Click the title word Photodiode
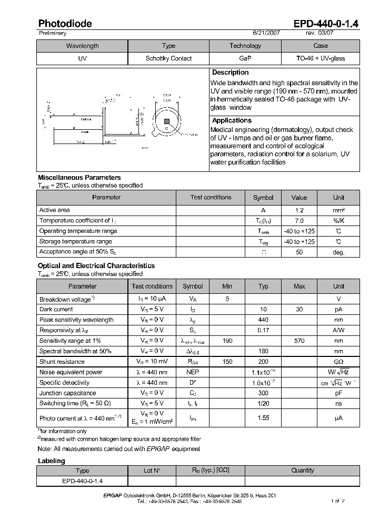[x=65, y=24]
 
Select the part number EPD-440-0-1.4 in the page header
[x=325, y=24]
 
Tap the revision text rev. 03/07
[x=320, y=33]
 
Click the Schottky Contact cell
[x=168, y=58]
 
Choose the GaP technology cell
[x=245, y=58]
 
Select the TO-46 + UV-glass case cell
[x=321, y=58]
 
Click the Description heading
[x=230, y=73]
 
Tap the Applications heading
[x=232, y=121]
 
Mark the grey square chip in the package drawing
[x=166, y=121]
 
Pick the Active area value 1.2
[x=299, y=210]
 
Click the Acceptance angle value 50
[x=299, y=252]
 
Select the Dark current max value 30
[x=299, y=310]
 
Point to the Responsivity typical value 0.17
[x=263, y=330]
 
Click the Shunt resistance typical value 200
[x=263, y=362]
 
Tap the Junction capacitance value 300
[x=263, y=393]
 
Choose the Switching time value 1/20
[x=263, y=404]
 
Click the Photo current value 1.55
[x=263, y=418]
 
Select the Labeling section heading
[x=52, y=461]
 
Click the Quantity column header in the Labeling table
[x=302, y=470]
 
